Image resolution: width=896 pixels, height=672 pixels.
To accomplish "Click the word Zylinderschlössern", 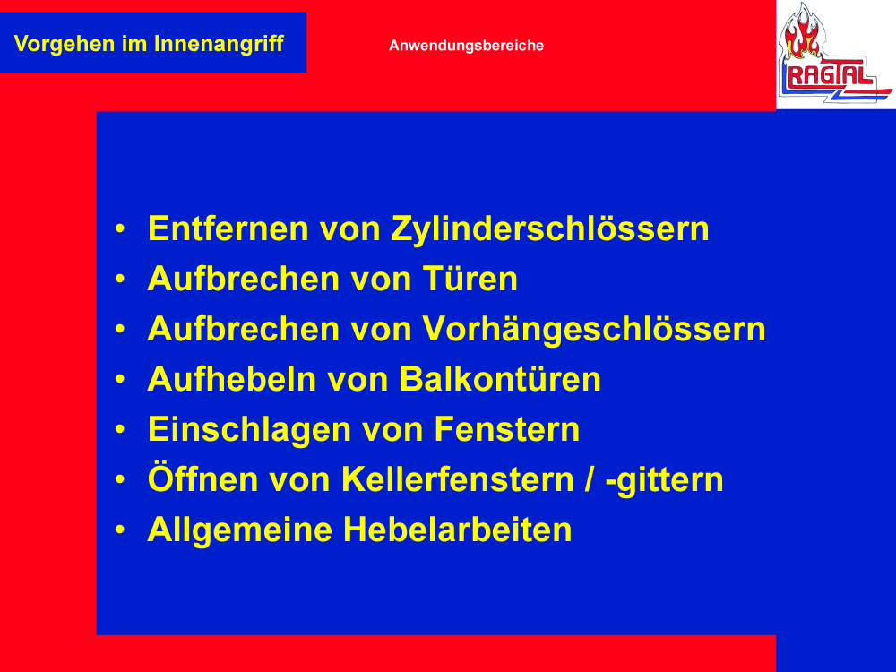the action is click(550, 229).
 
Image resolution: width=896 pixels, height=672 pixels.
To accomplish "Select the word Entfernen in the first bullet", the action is click(228, 229).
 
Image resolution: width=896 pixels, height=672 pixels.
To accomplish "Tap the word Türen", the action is click(470, 280).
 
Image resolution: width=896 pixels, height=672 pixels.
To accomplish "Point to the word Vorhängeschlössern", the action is click(594, 331).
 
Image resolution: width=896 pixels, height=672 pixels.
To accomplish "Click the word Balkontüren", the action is click(500, 379).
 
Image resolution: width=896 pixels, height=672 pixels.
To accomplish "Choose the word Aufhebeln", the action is click(231, 379).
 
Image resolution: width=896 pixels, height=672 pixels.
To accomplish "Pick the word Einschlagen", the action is click(249, 431).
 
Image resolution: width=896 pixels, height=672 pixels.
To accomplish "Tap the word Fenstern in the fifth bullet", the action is click(507, 430).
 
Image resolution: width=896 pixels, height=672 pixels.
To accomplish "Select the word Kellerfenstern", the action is click(458, 480).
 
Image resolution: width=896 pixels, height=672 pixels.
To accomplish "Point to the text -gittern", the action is click(665, 481).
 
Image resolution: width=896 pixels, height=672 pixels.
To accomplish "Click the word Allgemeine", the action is click(240, 530).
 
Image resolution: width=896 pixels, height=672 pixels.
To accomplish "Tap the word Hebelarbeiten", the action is click(457, 530).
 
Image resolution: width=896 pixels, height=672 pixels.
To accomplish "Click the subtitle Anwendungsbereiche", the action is click(466, 46).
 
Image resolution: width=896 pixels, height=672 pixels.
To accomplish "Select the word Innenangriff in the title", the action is click(220, 44).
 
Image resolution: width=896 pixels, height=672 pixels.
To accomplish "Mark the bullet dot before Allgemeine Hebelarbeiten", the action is click(119, 530).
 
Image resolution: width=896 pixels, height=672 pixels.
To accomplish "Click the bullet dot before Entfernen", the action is click(119, 228).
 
